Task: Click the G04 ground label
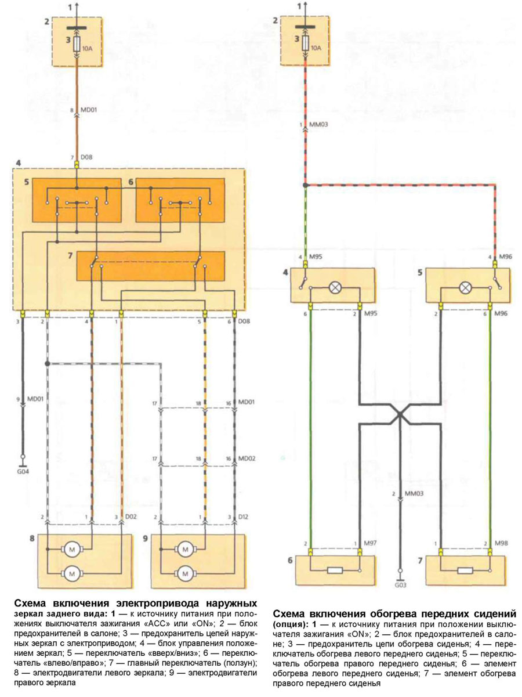23,472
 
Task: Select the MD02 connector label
247,458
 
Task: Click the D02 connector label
132,517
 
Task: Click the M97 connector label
371,543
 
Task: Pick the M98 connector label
502,543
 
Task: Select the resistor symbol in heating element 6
335,570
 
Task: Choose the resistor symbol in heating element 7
464,570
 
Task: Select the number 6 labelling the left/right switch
131,182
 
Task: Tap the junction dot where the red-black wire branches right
306,185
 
